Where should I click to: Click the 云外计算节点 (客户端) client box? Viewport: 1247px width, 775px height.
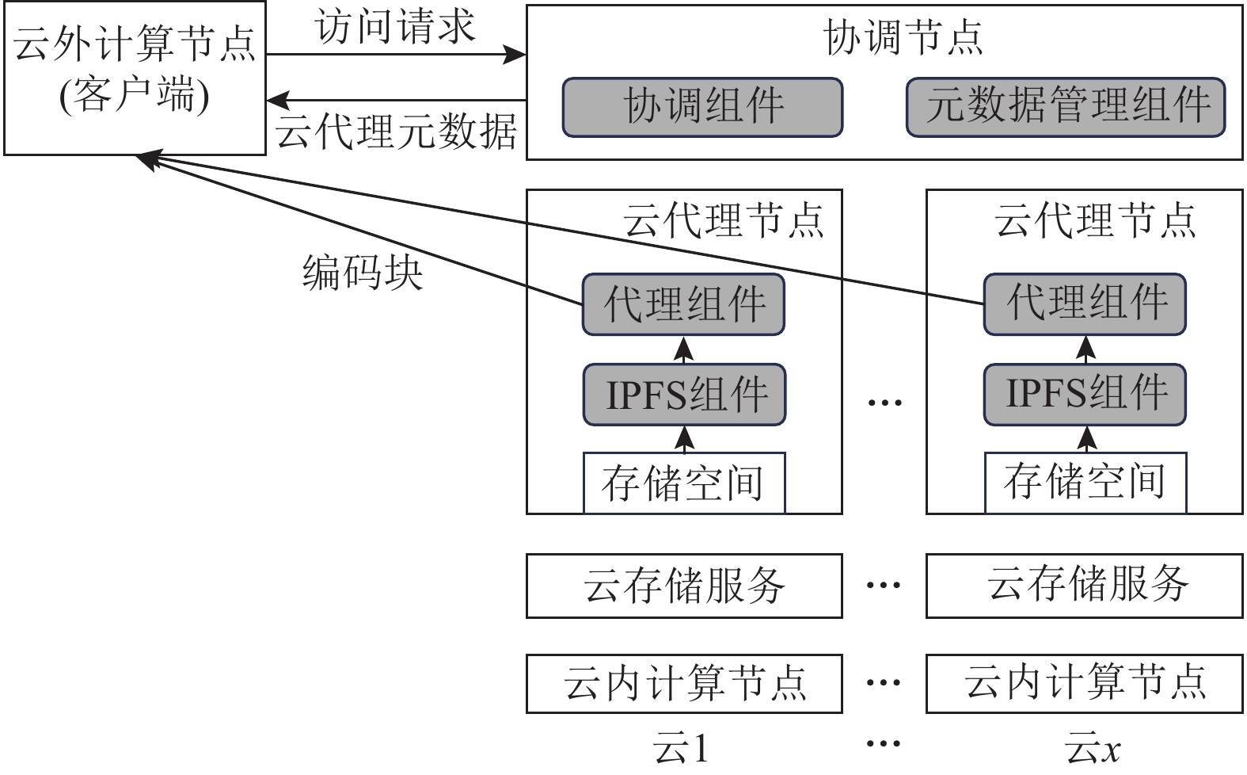[x=135, y=77]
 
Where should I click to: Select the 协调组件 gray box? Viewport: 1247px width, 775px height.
[x=702, y=107]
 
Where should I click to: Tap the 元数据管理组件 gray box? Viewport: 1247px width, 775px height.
[x=1066, y=107]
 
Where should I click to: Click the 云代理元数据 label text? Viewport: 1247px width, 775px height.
[x=396, y=132]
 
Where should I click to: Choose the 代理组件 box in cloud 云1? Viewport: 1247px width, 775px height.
[x=684, y=305]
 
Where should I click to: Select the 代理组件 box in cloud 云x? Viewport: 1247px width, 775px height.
[x=1085, y=304]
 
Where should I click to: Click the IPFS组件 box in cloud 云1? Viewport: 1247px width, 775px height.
[x=684, y=395]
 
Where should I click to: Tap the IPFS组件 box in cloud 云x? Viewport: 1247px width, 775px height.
[x=1085, y=394]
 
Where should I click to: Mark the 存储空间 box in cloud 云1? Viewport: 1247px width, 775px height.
[x=684, y=483]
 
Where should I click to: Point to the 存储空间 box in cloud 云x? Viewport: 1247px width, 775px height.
[x=1085, y=482]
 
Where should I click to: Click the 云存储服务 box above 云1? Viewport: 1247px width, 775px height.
[x=684, y=586]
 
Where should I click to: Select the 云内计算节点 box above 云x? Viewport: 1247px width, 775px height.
[x=1084, y=683]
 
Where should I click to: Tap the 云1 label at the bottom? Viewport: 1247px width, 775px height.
[x=681, y=749]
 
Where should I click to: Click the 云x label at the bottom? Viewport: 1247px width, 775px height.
[x=1093, y=749]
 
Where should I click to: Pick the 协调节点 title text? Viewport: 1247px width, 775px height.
[x=903, y=38]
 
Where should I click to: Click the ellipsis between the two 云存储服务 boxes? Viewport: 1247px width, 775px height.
[x=884, y=586]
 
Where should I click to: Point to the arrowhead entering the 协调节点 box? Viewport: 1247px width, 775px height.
[x=515, y=55]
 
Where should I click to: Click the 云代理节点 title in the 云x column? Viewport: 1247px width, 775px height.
[x=1095, y=220]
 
